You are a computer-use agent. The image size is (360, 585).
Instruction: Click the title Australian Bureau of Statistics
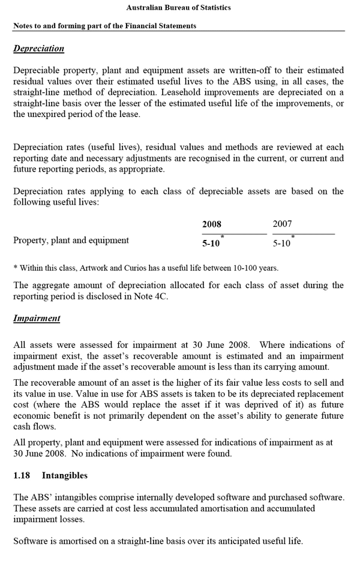(x=179, y=8)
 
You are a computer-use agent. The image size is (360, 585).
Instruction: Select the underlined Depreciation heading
(x=38, y=49)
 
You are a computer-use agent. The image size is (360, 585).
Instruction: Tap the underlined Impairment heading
(x=37, y=319)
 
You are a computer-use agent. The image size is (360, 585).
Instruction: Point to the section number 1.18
(x=22, y=476)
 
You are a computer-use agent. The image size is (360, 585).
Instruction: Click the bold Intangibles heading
(x=64, y=476)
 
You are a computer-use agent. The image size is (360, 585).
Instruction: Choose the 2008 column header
(x=212, y=224)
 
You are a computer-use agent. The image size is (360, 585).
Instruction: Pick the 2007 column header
(x=282, y=224)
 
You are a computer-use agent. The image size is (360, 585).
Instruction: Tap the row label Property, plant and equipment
(x=71, y=241)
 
